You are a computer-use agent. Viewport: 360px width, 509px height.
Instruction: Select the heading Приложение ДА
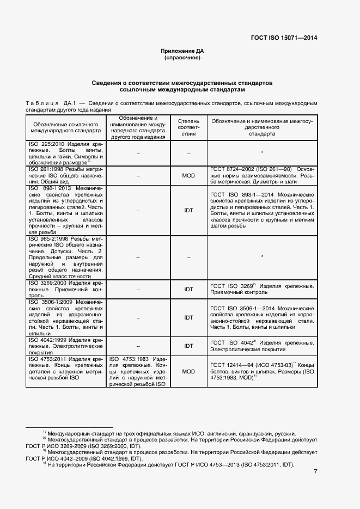coord(182,51)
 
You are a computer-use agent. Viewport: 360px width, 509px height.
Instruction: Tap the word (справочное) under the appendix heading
coord(182,57)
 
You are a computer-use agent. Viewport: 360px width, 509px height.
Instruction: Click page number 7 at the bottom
coord(315,471)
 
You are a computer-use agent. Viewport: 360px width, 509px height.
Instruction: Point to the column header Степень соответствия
coord(188,127)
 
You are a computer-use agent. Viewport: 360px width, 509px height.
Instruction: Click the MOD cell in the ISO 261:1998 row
coord(188,176)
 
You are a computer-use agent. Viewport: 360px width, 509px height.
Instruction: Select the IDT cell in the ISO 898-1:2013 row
coord(188,210)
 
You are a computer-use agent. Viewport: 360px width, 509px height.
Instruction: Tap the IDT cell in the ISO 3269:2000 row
coord(188,289)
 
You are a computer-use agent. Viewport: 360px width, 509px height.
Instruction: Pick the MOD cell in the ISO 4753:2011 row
coord(188,371)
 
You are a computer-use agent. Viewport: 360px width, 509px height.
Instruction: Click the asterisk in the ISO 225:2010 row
coord(262,153)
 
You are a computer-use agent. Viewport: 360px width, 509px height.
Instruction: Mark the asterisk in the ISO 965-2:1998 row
coord(262,256)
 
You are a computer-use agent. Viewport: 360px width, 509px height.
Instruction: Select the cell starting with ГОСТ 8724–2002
coord(262,176)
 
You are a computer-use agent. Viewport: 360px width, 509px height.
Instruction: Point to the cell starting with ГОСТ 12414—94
coord(262,371)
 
